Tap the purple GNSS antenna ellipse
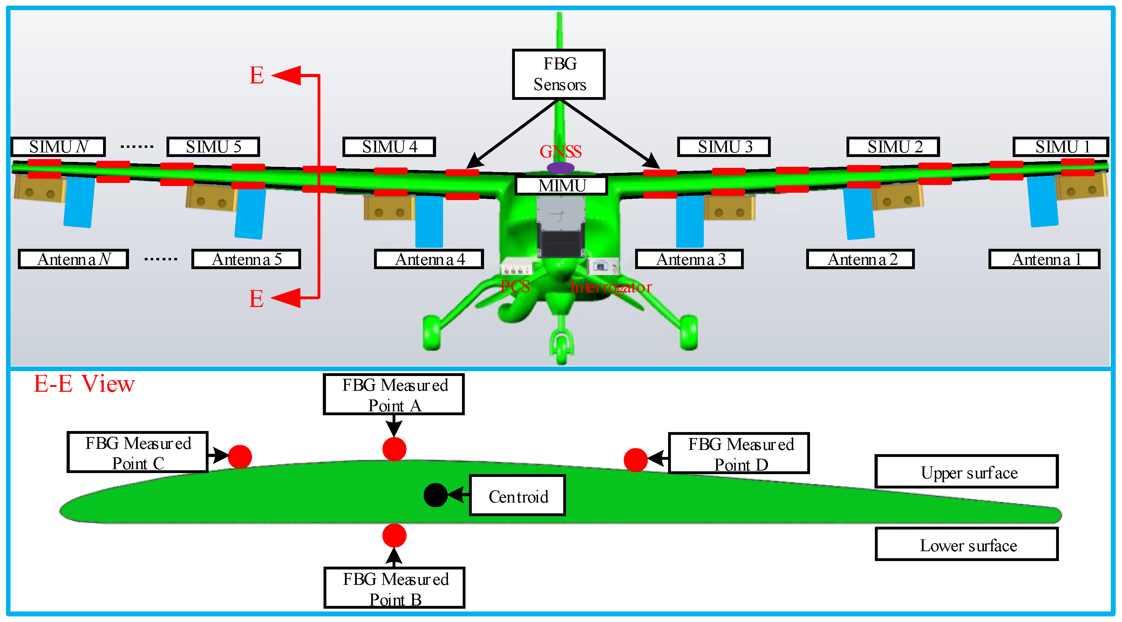[x=560, y=168]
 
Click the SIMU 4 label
[x=389, y=147]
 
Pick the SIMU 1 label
[x=1061, y=147]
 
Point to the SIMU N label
[x=59, y=147]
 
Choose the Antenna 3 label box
[x=689, y=259]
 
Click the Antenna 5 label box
[x=246, y=259]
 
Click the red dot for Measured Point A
[x=394, y=449]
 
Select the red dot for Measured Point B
[x=394, y=535]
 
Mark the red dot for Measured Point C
[x=240, y=457]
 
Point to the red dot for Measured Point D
[x=635, y=460]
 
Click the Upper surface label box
[x=966, y=472]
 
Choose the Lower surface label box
[x=966, y=544]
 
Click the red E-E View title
[x=84, y=384]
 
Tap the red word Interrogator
[x=611, y=287]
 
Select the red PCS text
[x=515, y=287]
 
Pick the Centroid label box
[x=517, y=496]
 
